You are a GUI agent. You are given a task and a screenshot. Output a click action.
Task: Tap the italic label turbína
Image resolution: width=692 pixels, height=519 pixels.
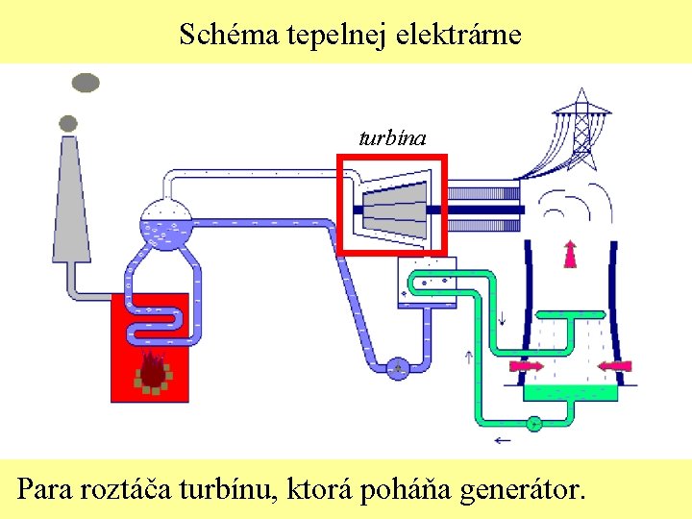(392, 138)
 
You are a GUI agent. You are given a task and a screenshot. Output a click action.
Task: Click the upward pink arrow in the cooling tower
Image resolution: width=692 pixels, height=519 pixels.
(570, 252)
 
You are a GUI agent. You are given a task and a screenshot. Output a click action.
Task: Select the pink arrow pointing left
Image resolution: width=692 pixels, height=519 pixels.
(613, 365)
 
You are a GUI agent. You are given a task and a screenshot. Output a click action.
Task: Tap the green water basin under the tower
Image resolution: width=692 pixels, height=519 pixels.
(569, 391)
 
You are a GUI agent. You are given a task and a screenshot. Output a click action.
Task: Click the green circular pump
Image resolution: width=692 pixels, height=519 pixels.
(533, 422)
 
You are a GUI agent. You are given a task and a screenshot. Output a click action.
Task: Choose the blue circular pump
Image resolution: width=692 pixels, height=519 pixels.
(398, 366)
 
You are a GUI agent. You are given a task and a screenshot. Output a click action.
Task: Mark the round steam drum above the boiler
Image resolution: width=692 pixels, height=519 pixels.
(166, 223)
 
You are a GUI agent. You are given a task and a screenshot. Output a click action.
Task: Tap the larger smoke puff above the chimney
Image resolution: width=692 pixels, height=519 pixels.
(86, 83)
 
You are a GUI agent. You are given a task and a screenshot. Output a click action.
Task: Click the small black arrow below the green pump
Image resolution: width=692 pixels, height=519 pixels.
(502, 441)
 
